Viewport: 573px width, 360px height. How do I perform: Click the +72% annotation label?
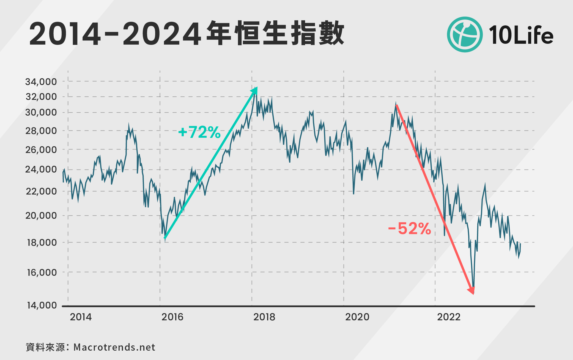pos(199,132)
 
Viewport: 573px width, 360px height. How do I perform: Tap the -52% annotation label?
pos(409,229)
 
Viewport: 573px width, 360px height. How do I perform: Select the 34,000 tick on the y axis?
pos(41,82)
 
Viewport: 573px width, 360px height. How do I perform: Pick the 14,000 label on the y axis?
pos(42,305)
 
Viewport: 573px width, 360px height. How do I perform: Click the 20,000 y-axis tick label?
pos(41,216)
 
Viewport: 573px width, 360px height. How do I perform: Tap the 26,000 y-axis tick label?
pos(41,150)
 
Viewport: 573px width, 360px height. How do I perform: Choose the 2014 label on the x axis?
pos(81,317)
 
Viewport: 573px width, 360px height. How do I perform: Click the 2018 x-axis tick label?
pos(264,317)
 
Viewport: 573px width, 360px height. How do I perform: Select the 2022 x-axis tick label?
pos(449,317)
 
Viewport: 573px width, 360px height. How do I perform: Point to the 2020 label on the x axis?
pos(357,317)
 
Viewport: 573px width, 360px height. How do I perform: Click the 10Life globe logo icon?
pos(465,35)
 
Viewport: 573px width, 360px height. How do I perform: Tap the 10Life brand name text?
pos(521,35)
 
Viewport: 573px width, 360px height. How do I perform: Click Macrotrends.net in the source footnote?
pos(114,347)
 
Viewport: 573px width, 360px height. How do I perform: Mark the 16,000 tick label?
pos(42,272)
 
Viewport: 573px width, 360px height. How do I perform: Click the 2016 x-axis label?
pos(172,317)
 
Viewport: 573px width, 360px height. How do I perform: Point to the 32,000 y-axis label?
pos(41,97)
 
